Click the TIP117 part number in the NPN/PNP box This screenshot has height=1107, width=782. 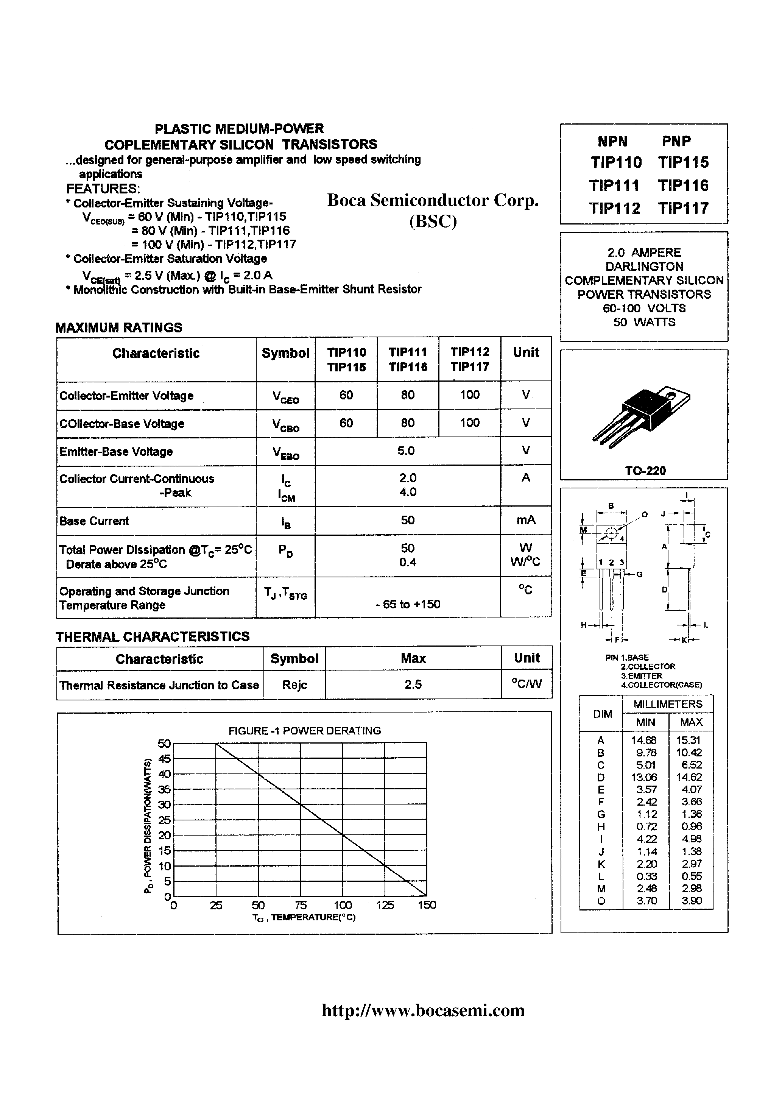tap(683, 208)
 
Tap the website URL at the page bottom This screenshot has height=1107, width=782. tap(423, 1010)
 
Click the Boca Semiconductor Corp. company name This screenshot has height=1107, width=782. tap(433, 200)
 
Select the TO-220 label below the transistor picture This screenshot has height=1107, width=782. tap(645, 471)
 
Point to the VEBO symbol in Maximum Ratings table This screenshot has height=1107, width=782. tap(285, 453)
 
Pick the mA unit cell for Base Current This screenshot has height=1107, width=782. tap(525, 520)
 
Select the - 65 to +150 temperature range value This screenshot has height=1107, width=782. tap(407, 604)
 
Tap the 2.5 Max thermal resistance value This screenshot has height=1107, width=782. tap(413, 684)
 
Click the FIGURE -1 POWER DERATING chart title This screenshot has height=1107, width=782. tap(304, 730)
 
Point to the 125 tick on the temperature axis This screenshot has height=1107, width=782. tap(385, 905)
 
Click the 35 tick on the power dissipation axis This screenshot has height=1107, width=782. tap(164, 789)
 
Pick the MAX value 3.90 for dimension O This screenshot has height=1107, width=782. tap(692, 901)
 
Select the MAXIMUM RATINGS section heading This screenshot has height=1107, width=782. tap(118, 328)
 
